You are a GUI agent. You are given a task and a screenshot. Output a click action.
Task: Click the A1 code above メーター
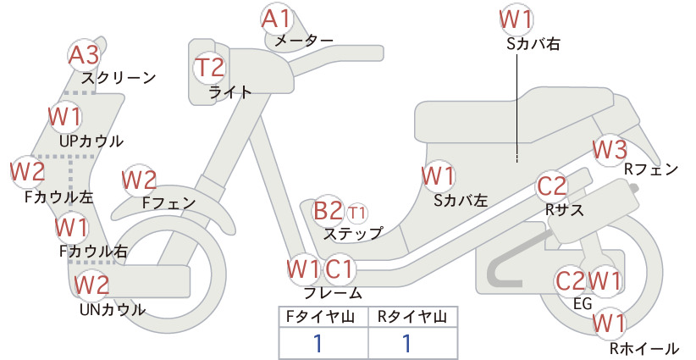tap(276, 19)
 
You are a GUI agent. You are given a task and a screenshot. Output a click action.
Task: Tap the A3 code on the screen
tap(84, 56)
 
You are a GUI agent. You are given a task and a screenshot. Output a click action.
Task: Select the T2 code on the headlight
tap(209, 67)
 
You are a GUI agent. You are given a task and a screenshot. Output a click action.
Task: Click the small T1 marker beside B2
tap(356, 213)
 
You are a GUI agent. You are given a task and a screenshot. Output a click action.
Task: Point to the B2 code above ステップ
tap(328, 211)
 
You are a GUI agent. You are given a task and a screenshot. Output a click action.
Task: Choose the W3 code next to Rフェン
tap(610, 150)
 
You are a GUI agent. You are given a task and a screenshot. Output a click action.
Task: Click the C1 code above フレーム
tap(340, 269)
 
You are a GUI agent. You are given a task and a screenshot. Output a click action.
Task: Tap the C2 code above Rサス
tap(552, 186)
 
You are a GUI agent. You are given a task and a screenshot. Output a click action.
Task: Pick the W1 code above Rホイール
tap(609, 324)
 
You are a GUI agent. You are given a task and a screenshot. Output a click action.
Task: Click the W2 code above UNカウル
tap(92, 285)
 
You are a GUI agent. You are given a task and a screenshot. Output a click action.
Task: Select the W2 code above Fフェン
tap(140, 180)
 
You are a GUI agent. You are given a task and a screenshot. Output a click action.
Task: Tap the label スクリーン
tap(119, 79)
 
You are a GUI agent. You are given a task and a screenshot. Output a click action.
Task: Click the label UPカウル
tap(91, 141)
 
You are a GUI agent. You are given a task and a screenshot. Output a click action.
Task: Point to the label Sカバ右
tap(533, 43)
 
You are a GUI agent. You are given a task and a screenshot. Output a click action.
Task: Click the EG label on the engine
tap(583, 303)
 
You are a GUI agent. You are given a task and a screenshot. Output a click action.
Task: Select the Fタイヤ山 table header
tap(320, 317)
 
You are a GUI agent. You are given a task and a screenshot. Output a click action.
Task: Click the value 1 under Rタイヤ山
tap(406, 344)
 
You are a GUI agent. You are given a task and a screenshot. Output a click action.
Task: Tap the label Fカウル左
tap(59, 197)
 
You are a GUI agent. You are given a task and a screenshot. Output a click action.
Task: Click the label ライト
tap(230, 92)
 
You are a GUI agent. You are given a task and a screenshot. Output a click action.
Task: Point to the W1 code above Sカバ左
tap(438, 176)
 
